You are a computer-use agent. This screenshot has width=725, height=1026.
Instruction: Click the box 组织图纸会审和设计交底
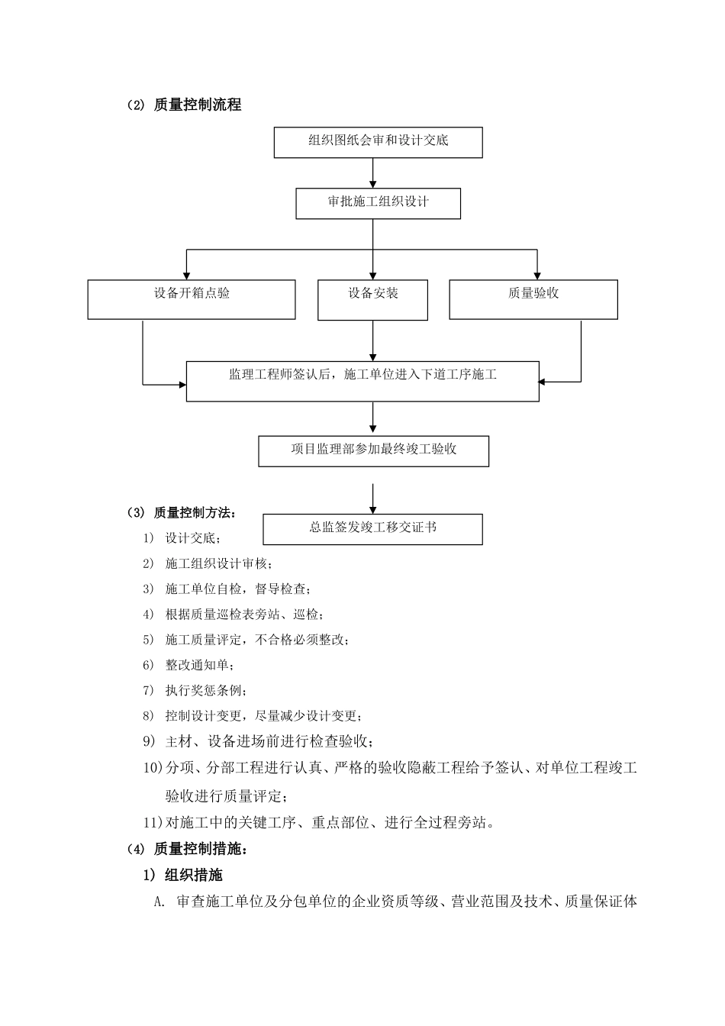coord(378,142)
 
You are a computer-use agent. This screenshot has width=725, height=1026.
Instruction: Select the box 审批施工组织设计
coord(378,203)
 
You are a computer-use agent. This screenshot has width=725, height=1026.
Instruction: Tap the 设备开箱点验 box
coord(191,298)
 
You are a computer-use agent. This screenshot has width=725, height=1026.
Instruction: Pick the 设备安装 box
coord(372,298)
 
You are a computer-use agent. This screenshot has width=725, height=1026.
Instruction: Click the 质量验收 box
coord(533,298)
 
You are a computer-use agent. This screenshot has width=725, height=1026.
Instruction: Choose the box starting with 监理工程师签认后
coord(362,381)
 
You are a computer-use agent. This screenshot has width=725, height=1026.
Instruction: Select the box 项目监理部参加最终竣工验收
coord(373,450)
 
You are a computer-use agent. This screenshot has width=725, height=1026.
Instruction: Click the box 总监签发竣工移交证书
coord(372,528)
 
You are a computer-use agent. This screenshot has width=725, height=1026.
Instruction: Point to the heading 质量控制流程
coord(197,105)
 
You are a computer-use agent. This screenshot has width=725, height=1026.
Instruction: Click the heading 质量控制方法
coord(195,511)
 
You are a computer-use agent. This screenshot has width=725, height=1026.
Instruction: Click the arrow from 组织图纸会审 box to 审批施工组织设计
coord(372,173)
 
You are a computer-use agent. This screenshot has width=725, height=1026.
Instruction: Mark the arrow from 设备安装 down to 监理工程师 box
coord(372,340)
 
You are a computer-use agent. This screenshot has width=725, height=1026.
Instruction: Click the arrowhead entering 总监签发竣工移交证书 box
coord(372,508)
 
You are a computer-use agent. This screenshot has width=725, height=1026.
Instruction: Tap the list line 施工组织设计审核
coord(217,563)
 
